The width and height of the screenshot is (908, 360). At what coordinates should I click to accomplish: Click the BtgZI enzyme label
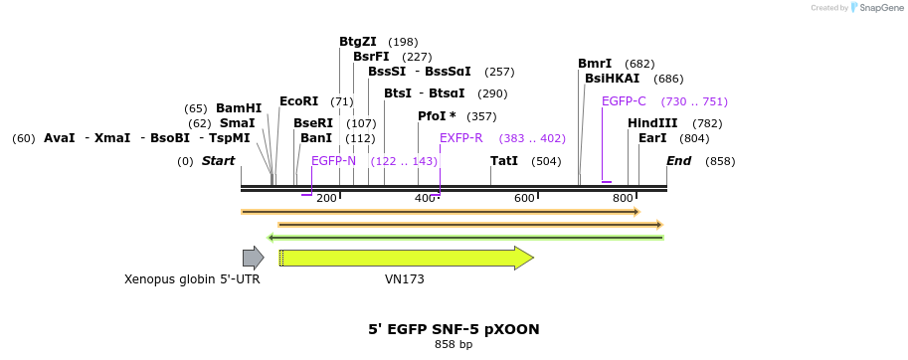357,42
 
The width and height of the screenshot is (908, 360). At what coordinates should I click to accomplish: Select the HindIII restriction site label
652,123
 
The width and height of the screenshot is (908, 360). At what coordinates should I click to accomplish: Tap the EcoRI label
298,101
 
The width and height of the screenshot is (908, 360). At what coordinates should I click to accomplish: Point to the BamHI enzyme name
239,108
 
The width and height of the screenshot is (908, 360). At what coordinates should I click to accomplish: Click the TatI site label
504,161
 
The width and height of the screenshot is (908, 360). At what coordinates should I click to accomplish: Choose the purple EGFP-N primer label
333,161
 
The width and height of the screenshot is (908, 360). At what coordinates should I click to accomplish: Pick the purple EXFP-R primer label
460,138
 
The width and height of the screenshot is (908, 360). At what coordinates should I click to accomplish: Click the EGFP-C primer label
624,101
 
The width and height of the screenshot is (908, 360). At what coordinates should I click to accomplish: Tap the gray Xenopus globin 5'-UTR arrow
253,258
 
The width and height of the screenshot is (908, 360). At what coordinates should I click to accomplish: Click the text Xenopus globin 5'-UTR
192,279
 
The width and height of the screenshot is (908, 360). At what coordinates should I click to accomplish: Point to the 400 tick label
425,199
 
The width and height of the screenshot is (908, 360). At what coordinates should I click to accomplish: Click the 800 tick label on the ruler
624,199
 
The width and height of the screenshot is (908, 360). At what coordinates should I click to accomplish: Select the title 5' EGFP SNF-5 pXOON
454,329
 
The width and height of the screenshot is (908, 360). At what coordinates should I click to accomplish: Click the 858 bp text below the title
454,345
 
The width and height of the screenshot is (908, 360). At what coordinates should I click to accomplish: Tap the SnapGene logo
874,8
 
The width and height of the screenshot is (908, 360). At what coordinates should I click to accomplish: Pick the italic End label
678,161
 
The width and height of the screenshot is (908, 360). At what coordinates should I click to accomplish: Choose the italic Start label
218,161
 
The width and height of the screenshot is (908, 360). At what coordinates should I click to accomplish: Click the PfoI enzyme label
432,116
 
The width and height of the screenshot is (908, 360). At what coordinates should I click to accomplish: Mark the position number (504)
546,161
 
